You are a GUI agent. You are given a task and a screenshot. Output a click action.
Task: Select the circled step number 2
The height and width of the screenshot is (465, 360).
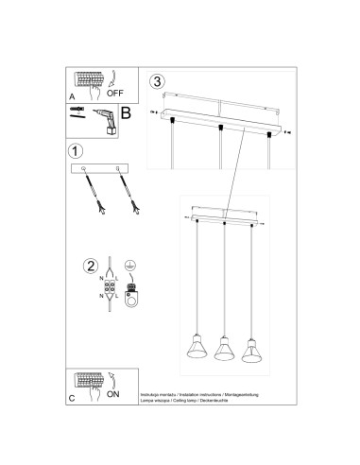pos(90,267)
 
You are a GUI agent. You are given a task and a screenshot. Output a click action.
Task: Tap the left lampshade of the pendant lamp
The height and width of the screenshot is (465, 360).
pos(197,350)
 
